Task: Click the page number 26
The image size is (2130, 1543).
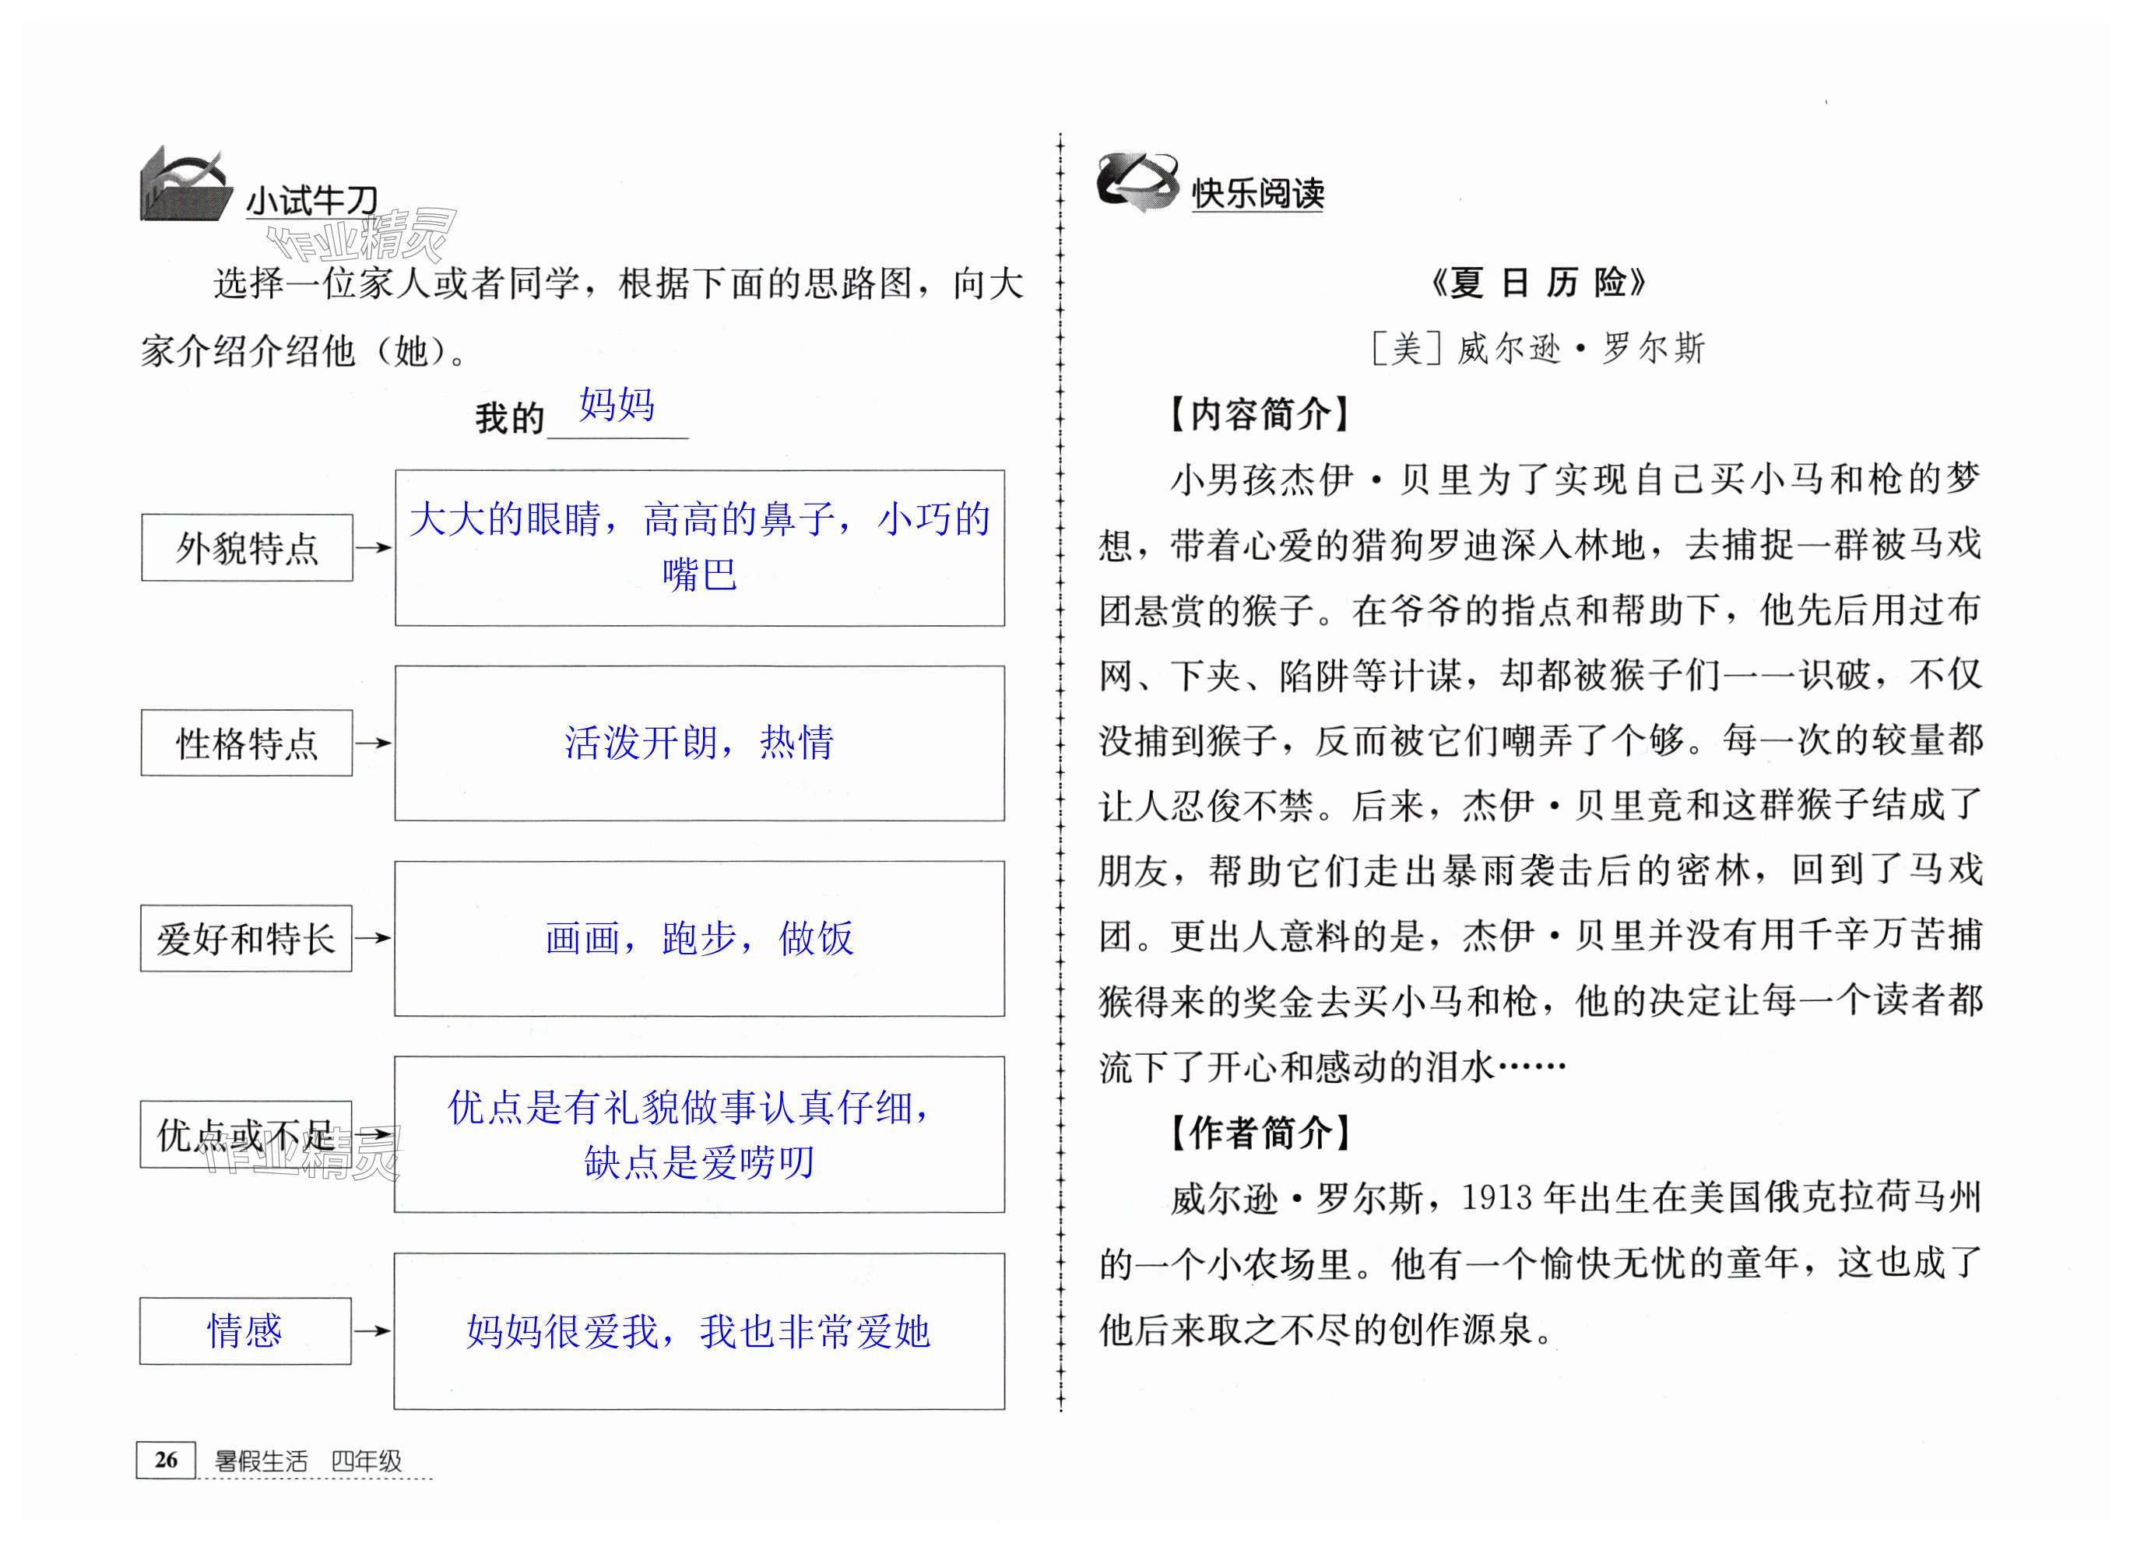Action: coord(167,1460)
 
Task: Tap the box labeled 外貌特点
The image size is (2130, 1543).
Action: coord(247,547)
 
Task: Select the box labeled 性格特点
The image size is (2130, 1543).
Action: coord(247,743)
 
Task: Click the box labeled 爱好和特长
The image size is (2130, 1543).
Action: coord(246,938)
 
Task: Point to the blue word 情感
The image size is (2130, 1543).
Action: coord(244,1330)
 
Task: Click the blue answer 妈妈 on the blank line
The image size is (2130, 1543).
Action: coord(617,405)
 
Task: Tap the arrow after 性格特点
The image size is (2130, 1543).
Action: coord(373,743)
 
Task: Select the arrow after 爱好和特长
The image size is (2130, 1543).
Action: coord(373,937)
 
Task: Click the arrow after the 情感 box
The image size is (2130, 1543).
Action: coord(372,1330)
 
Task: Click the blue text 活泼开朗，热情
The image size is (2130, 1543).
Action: coord(699,743)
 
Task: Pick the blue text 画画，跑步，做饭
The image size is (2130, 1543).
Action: coord(699,938)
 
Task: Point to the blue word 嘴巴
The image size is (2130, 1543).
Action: coord(700,575)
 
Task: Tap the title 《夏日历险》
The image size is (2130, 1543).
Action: coord(1538,283)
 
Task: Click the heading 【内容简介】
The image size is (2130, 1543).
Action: coord(1260,413)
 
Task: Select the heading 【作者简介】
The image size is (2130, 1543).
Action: coord(1260,1133)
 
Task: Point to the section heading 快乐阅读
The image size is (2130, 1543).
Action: coord(1257,194)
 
